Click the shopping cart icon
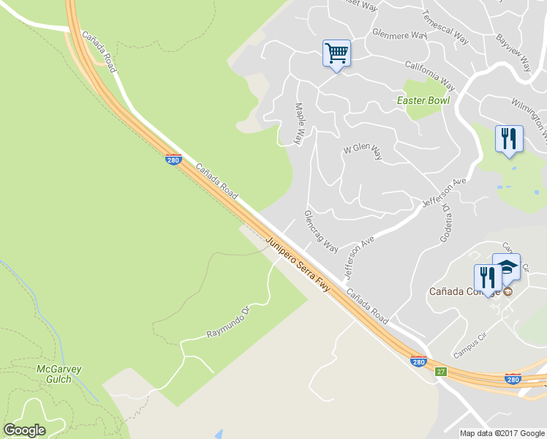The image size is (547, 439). pos(336,53)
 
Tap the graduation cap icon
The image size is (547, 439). pos(507,266)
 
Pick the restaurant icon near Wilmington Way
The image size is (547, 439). pos(509,138)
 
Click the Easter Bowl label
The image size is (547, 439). pos(423,100)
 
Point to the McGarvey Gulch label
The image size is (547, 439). pos(55,374)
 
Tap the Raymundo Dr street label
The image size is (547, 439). pos(230,323)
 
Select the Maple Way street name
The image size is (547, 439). pos(300,123)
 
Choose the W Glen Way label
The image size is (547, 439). pos(363,151)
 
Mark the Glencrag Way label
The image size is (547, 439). pos(321,231)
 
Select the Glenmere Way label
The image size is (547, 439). pos(399,34)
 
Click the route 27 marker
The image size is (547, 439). pos(440,372)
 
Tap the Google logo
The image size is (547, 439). pos(24,430)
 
